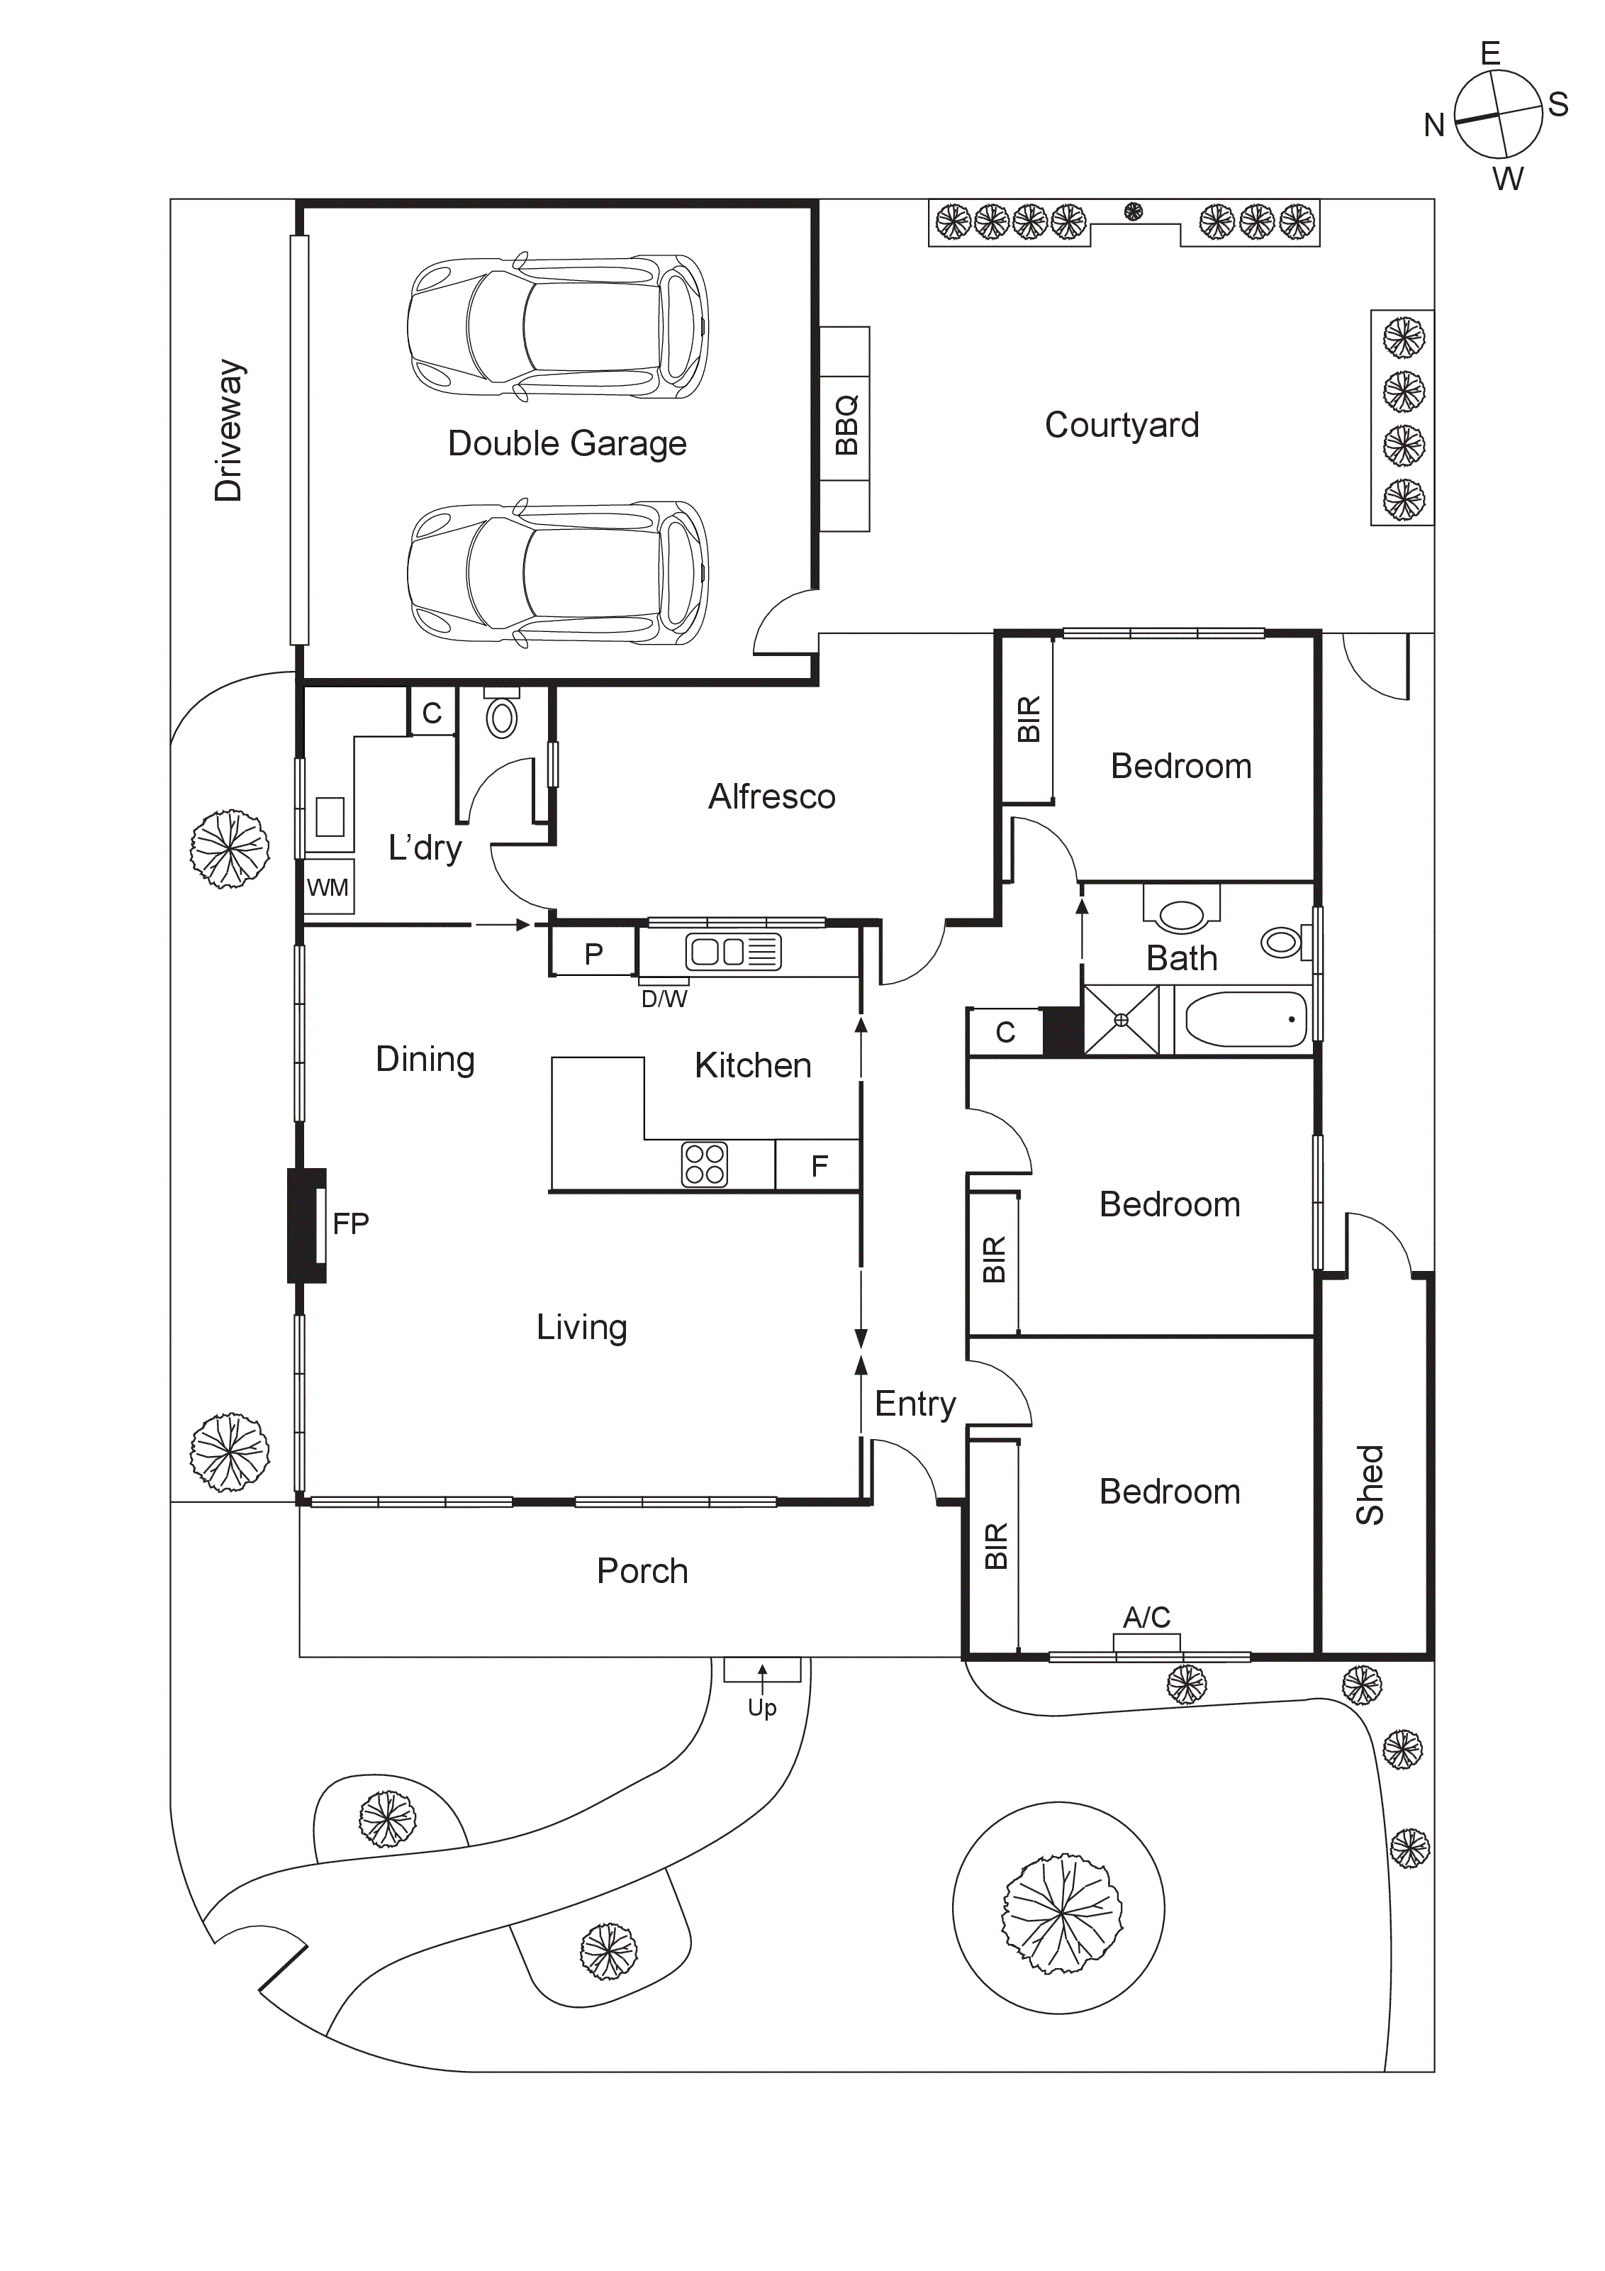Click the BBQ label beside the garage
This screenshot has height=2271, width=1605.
(x=846, y=426)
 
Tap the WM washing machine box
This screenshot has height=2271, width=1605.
(x=328, y=887)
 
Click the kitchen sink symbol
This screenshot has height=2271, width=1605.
(x=733, y=952)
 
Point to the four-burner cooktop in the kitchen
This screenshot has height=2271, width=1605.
(x=704, y=1164)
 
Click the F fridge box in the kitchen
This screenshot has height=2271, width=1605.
(x=819, y=1166)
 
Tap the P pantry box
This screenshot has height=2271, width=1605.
(x=593, y=953)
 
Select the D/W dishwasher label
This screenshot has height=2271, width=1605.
(x=664, y=999)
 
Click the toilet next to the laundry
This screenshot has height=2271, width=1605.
(x=503, y=717)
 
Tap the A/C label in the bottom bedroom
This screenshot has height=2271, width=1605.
(x=1146, y=1617)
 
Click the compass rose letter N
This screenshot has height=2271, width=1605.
(x=1434, y=125)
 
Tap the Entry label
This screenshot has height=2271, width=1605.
(x=915, y=1404)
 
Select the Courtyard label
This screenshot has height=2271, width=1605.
(x=1122, y=426)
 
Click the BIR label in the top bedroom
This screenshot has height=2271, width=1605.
(x=1029, y=719)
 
